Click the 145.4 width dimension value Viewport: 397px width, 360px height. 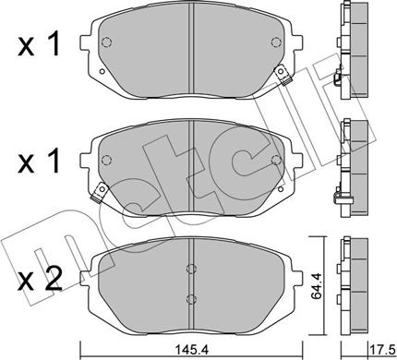(x=192, y=350)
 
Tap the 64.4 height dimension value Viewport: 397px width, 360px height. (x=316, y=286)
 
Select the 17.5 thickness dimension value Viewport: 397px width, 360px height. (x=381, y=350)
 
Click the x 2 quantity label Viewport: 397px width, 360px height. (x=40, y=279)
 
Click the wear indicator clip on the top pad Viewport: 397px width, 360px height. (x=283, y=75)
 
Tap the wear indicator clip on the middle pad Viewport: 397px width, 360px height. (x=100, y=192)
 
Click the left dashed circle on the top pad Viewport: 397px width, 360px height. (x=106, y=42)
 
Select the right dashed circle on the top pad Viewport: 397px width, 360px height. (x=276, y=42)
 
